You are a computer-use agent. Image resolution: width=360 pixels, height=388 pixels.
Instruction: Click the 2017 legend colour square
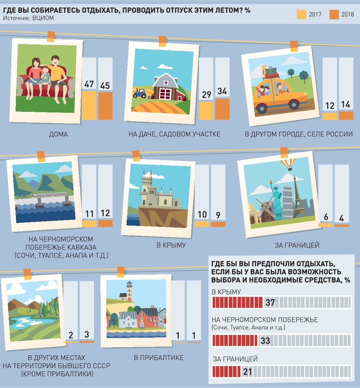[x=302, y=15]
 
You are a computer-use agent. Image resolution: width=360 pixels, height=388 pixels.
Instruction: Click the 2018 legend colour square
[x=334, y=15]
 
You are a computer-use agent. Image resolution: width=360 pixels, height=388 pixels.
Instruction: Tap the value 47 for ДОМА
[x=89, y=84]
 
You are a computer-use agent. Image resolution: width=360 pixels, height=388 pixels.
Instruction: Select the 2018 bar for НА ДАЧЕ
[x=222, y=109]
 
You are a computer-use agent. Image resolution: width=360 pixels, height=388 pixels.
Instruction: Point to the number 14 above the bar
[x=346, y=104]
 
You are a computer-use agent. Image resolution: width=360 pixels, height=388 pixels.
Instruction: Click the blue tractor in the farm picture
[x=139, y=93]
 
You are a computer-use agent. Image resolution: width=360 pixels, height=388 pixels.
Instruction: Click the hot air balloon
[x=288, y=164]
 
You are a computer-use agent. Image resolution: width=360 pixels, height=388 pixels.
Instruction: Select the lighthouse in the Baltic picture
[x=129, y=291]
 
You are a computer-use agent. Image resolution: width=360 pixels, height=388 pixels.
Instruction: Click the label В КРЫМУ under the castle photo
[x=171, y=245]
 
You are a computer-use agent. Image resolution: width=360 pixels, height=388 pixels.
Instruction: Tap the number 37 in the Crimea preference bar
[x=270, y=302]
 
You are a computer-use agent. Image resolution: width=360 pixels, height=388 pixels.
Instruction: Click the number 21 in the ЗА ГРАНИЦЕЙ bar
[x=248, y=372]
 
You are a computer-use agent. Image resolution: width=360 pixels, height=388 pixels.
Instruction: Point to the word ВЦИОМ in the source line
[x=43, y=18]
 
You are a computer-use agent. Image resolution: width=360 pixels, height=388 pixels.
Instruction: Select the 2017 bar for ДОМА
[x=89, y=105]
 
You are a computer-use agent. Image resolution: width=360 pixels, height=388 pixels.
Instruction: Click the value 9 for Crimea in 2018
[x=218, y=215]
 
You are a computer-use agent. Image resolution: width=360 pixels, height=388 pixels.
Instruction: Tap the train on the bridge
[x=49, y=195]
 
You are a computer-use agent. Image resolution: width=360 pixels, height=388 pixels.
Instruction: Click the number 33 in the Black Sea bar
[x=265, y=340]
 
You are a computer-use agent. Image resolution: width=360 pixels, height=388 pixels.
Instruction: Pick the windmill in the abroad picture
[x=265, y=208]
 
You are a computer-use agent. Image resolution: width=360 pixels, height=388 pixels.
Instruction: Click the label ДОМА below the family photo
[x=58, y=135]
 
